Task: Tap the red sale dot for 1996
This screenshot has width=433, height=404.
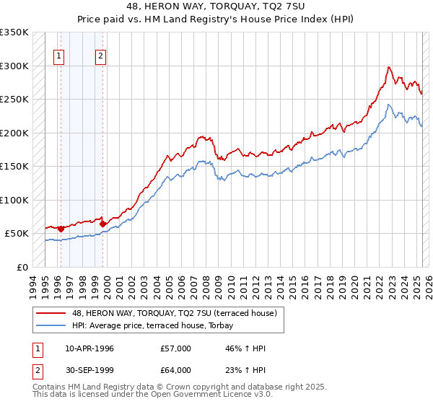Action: coord(61,229)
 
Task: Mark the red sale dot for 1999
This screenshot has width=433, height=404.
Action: coord(103,224)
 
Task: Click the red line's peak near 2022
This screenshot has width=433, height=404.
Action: coord(389,67)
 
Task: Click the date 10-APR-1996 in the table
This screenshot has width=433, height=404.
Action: coord(89,348)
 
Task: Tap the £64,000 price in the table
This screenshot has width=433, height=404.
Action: coord(176,370)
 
